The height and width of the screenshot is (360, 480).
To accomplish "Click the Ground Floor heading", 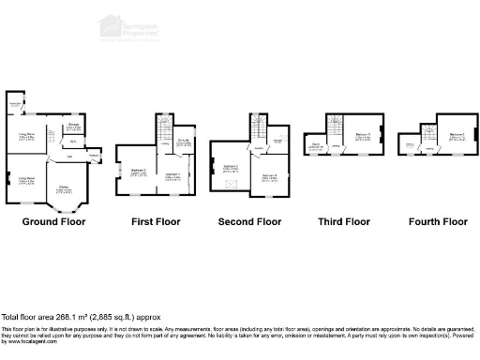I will pyautogui.click(x=53, y=222).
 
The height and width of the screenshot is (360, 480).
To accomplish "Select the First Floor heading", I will pyautogui.click(x=157, y=222).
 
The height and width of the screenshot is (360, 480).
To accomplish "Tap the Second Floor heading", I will pyautogui.click(x=249, y=222).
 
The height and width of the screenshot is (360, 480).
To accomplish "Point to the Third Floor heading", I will pyautogui.click(x=344, y=222).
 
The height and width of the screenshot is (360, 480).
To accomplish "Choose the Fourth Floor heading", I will pyautogui.click(x=438, y=222).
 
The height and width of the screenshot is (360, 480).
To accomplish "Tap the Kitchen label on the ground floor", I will pyautogui.click(x=62, y=190).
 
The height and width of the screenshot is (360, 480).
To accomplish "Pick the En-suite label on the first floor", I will pyautogui.click(x=185, y=142).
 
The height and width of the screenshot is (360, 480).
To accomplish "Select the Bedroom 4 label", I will pyautogui.click(x=269, y=175).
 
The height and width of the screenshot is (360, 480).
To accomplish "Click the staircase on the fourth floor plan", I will pyautogui.click(x=429, y=133).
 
